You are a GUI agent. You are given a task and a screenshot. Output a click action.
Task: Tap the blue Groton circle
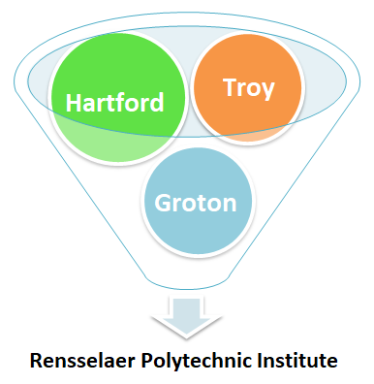click(x=198, y=202)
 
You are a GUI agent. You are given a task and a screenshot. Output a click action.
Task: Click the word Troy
click(x=248, y=88)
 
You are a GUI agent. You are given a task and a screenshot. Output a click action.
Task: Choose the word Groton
click(x=198, y=203)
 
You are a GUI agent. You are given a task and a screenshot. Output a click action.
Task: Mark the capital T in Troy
click(x=230, y=87)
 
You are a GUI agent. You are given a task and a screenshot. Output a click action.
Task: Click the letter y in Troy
click(x=267, y=90)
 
